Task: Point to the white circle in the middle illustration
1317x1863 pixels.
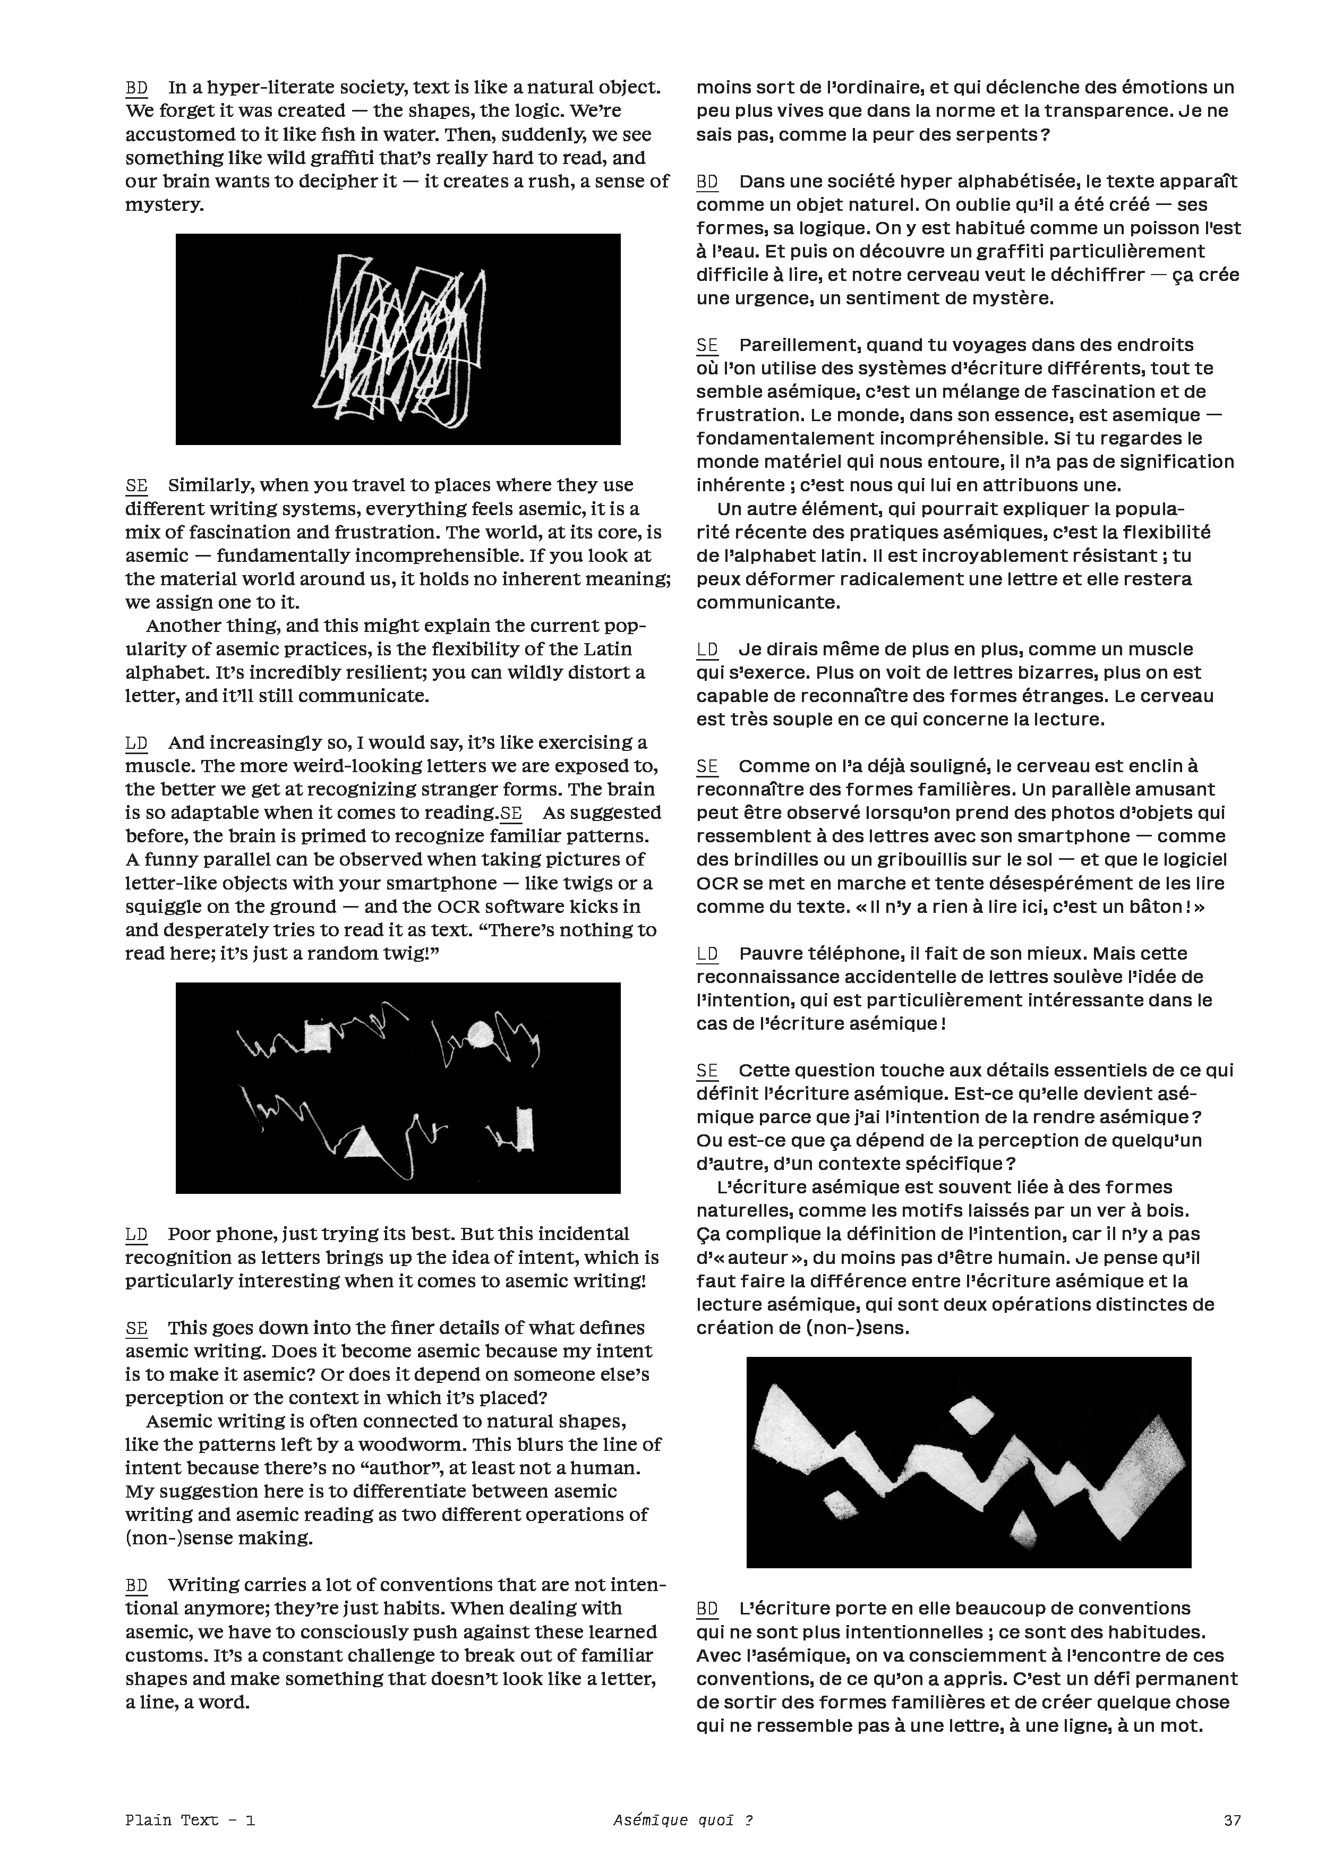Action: point(482,1036)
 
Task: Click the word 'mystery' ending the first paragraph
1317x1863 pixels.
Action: point(163,204)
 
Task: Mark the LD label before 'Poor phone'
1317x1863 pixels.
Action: point(136,1234)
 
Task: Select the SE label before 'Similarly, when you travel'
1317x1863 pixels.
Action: point(136,485)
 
